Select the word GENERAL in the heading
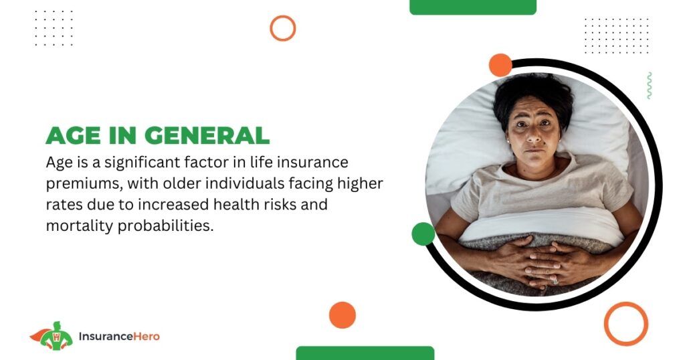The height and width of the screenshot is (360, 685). pyautogui.click(x=207, y=135)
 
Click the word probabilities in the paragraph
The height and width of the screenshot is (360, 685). pyautogui.click(x=166, y=226)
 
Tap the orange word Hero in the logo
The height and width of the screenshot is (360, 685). pyautogui.click(x=146, y=337)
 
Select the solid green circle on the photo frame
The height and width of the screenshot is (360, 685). pyautogui.click(x=423, y=234)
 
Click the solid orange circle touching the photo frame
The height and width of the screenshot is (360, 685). pyautogui.click(x=500, y=65)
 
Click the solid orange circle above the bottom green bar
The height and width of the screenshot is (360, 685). pyautogui.click(x=342, y=315)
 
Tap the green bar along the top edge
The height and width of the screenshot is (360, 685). pyautogui.click(x=473, y=7)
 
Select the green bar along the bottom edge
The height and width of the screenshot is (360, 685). pyautogui.click(x=365, y=353)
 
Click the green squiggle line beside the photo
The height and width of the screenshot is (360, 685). pyautogui.click(x=650, y=86)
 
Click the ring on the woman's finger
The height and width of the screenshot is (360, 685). pyautogui.click(x=555, y=281)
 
